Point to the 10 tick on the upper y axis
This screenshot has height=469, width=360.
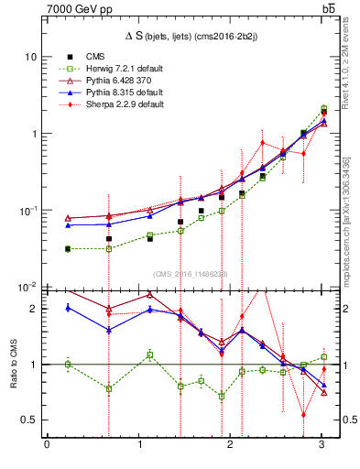click(x=30, y=57)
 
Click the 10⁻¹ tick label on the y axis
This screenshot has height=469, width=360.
click(x=27, y=210)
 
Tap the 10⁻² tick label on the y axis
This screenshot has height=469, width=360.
click(x=27, y=286)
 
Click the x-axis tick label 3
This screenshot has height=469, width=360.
click(x=322, y=445)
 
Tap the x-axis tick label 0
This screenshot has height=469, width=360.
click(x=47, y=445)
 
